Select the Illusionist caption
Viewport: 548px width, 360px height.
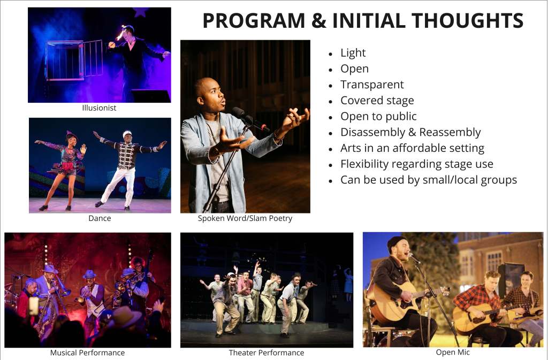99,108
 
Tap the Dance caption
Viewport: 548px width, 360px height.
100,218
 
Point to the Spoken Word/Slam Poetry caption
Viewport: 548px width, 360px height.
245,218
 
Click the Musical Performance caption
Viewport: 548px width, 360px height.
87,353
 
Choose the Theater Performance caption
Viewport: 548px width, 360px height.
267,353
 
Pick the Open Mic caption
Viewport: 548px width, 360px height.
453,353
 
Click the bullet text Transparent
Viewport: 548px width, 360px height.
372,85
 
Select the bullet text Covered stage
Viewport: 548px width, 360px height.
377,101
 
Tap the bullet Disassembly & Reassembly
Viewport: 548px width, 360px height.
410,132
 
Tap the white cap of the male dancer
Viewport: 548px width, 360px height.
127,133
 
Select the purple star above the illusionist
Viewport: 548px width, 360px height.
141,12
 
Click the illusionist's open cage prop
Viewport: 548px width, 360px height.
74,60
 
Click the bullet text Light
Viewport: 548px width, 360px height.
353,53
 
